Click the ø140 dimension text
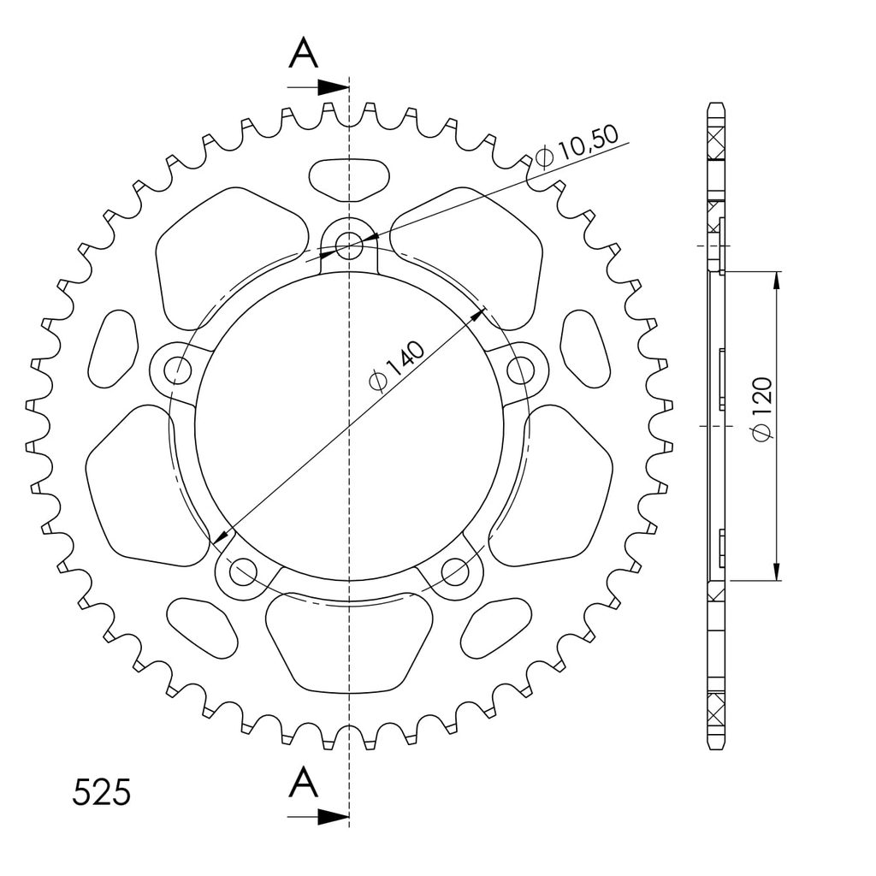coord(397,366)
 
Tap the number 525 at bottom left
coord(102,792)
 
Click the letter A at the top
coord(304,54)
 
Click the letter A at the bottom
coord(304,782)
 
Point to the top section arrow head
coord(334,87)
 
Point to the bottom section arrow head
coord(334,817)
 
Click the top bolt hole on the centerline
coord(349,246)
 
